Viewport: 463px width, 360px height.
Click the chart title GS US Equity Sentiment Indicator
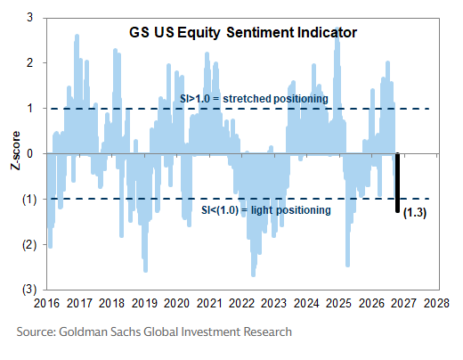point(243,33)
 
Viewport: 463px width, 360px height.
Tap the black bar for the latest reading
point(398,183)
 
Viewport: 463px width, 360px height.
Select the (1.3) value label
point(415,213)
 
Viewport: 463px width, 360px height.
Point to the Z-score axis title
point(15,151)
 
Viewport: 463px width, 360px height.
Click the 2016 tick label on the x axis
point(46,303)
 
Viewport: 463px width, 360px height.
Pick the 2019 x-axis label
point(144,303)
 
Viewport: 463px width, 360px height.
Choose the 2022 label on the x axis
point(241,303)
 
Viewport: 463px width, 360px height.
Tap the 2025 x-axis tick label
point(338,303)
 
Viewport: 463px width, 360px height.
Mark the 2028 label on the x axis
point(436,303)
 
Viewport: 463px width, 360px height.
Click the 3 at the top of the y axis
point(29,18)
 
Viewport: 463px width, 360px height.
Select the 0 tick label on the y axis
point(29,153)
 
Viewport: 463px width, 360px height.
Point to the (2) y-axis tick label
point(29,245)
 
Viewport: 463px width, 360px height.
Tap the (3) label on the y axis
point(29,290)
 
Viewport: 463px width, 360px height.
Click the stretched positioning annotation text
point(254,99)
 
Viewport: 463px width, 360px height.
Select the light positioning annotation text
point(266,210)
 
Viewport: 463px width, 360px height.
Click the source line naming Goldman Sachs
point(154,331)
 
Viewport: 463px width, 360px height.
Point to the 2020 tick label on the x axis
point(176,303)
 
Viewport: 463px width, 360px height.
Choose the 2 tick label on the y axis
point(29,63)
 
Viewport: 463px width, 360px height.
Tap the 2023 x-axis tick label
point(273,303)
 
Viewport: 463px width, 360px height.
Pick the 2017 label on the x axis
point(79,303)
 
